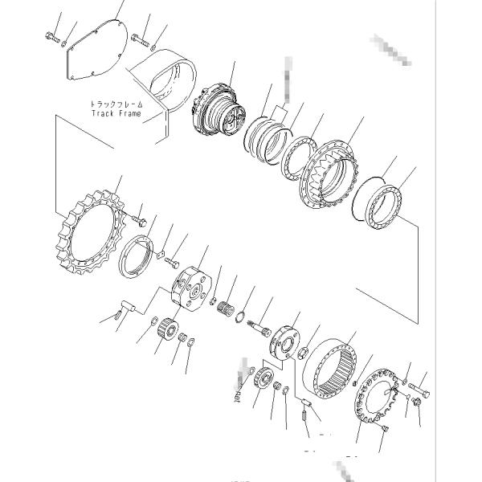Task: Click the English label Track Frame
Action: point(116,114)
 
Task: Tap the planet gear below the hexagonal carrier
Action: point(167,327)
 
